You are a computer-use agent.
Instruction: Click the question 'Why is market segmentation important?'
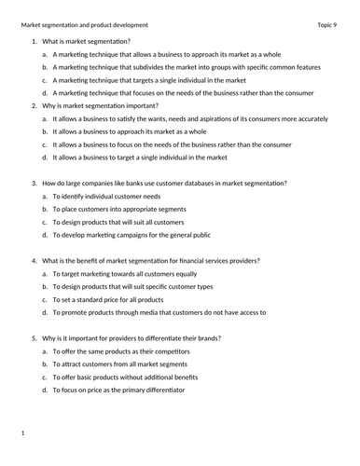point(100,106)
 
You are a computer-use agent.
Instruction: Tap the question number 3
point(35,184)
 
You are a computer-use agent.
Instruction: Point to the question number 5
point(35,337)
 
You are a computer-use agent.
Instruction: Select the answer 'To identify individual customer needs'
point(106,197)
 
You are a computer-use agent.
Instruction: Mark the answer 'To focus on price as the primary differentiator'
point(118,390)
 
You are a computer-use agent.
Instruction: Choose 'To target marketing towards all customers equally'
point(125,274)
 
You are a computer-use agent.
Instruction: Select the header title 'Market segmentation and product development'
point(84,24)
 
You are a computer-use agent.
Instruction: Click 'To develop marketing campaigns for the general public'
point(132,235)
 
